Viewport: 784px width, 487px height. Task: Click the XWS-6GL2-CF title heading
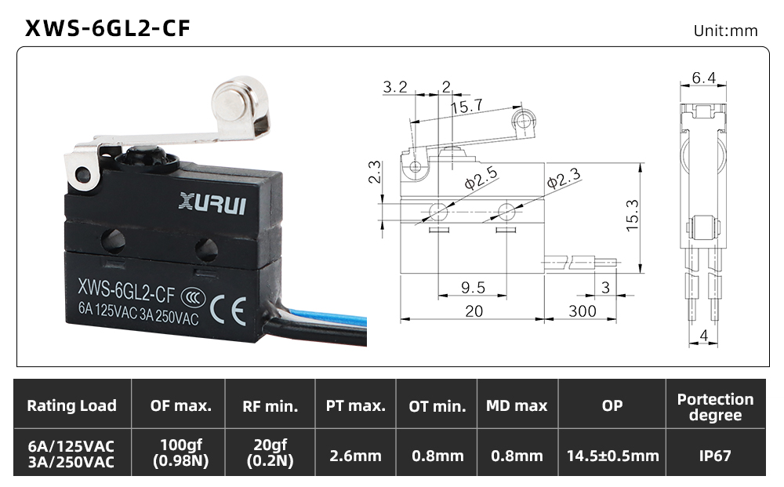107,28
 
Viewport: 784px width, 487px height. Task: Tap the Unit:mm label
725,31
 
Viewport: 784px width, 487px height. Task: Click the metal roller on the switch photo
238,99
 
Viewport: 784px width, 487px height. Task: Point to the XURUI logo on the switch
212,203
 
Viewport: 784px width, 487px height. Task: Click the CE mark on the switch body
228,311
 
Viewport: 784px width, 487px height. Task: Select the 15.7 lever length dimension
467,107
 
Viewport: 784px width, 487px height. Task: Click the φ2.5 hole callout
481,178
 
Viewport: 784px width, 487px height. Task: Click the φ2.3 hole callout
564,177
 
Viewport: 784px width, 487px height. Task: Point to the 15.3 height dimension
633,215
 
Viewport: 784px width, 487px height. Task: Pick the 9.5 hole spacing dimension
473,288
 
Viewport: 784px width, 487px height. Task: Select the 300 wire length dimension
583,311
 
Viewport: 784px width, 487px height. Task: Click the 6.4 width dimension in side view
703,78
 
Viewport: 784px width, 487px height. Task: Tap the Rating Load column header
71,405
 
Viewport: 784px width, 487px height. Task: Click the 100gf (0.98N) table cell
180,452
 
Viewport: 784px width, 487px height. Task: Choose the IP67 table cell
715,456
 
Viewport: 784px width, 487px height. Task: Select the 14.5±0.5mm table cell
612,456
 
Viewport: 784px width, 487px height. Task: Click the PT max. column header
355,405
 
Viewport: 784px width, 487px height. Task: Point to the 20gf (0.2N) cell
270,452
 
